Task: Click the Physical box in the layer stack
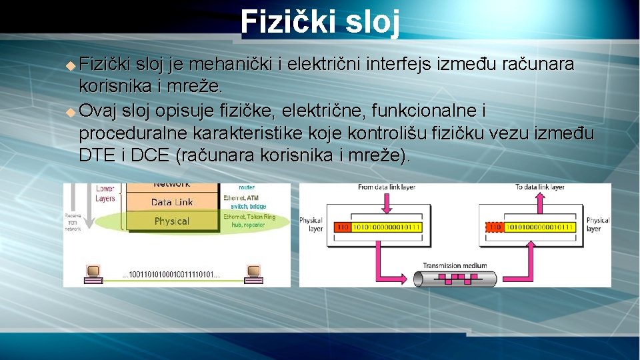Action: [x=172, y=221]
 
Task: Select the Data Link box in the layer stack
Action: [x=172, y=202]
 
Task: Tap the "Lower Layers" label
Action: [x=105, y=193]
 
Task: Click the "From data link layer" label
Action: [x=386, y=187]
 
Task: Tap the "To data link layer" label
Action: [x=539, y=187]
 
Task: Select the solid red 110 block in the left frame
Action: [x=342, y=227]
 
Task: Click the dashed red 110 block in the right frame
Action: [x=495, y=227]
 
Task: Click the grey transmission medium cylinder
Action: [x=456, y=277]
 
